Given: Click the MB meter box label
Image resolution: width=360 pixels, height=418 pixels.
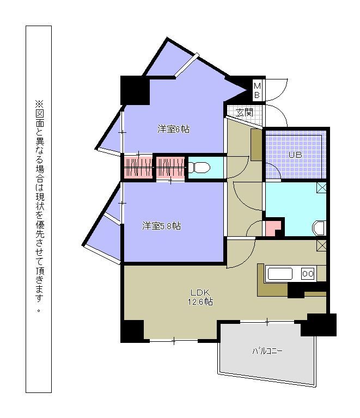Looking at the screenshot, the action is (x=257, y=90).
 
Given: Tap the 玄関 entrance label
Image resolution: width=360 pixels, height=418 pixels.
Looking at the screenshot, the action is (x=245, y=113).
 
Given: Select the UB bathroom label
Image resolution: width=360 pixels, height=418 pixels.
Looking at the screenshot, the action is (x=296, y=155).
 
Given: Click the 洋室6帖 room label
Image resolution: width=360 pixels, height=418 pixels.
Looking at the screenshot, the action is (x=174, y=129).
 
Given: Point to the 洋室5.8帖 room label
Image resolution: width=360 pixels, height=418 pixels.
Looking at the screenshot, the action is (x=162, y=226).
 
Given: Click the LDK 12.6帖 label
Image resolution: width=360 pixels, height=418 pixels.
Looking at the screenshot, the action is (x=200, y=297).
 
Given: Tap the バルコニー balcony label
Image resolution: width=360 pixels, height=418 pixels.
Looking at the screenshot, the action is (x=267, y=351).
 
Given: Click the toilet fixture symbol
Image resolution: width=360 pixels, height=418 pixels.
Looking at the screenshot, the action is (x=199, y=168).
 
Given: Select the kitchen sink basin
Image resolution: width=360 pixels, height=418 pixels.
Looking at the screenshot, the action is (x=280, y=274).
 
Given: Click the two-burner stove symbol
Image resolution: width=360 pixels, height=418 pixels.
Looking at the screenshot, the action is (x=308, y=274).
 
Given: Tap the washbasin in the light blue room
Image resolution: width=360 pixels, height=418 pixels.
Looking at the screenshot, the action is (x=319, y=228).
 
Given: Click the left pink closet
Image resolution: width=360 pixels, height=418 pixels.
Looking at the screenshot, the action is (x=138, y=168).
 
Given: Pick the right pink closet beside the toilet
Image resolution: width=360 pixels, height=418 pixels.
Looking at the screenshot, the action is (x=170, y=168).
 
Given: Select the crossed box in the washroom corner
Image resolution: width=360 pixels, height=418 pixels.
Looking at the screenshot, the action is (x=321, y=187).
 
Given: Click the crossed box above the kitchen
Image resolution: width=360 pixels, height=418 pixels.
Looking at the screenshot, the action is (x=321, y=245).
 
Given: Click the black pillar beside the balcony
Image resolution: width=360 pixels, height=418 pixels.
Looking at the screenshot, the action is (x=319, y=325).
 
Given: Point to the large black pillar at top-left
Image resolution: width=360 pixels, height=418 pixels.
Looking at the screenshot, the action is (x=135, y=90).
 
